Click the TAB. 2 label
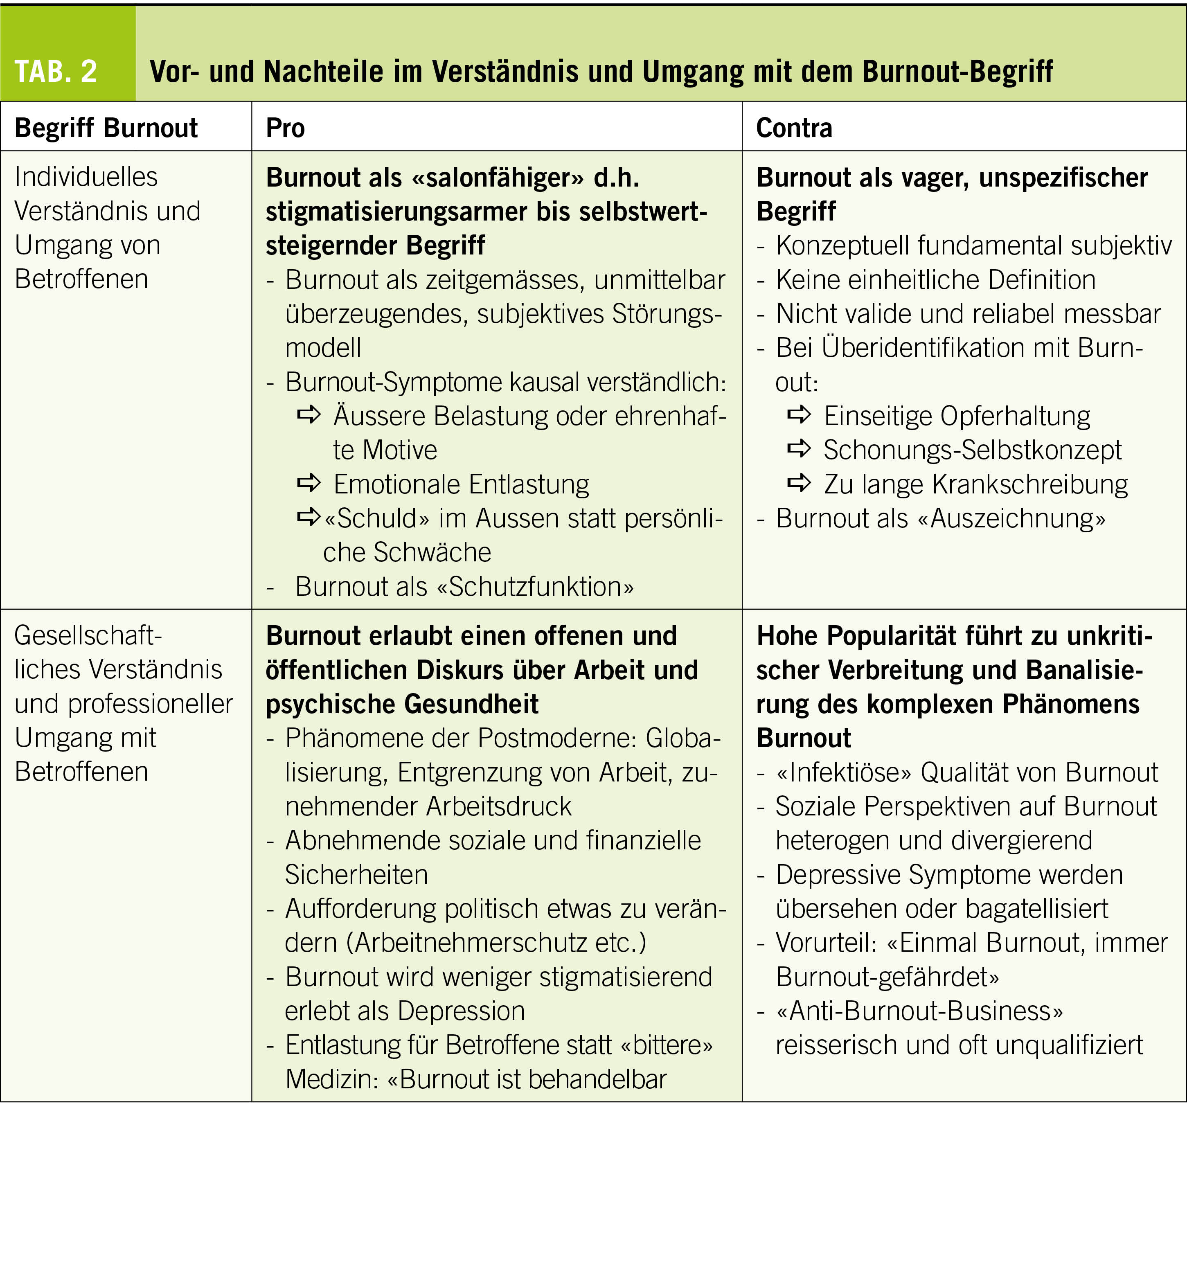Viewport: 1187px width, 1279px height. pos(56,71)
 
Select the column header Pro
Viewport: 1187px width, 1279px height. pos(285,128)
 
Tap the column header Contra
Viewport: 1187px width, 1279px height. pos(794,128)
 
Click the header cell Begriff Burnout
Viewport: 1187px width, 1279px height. pos(106,128)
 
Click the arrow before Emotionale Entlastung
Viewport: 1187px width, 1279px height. pos(309,482)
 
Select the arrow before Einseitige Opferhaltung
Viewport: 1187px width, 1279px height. pos(799,414)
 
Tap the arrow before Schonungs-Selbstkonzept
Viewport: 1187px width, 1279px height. pos(799,448)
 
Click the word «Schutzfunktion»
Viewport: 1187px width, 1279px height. pos(535,586)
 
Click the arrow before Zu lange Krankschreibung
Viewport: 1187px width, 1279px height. pos(799,482)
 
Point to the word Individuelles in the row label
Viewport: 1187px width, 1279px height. pos(86,177)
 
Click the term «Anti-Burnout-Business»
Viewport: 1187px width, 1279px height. pos(919,1011)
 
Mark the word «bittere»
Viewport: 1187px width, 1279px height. pos(666,1045)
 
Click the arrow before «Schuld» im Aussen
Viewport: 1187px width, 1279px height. pos(309,516)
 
